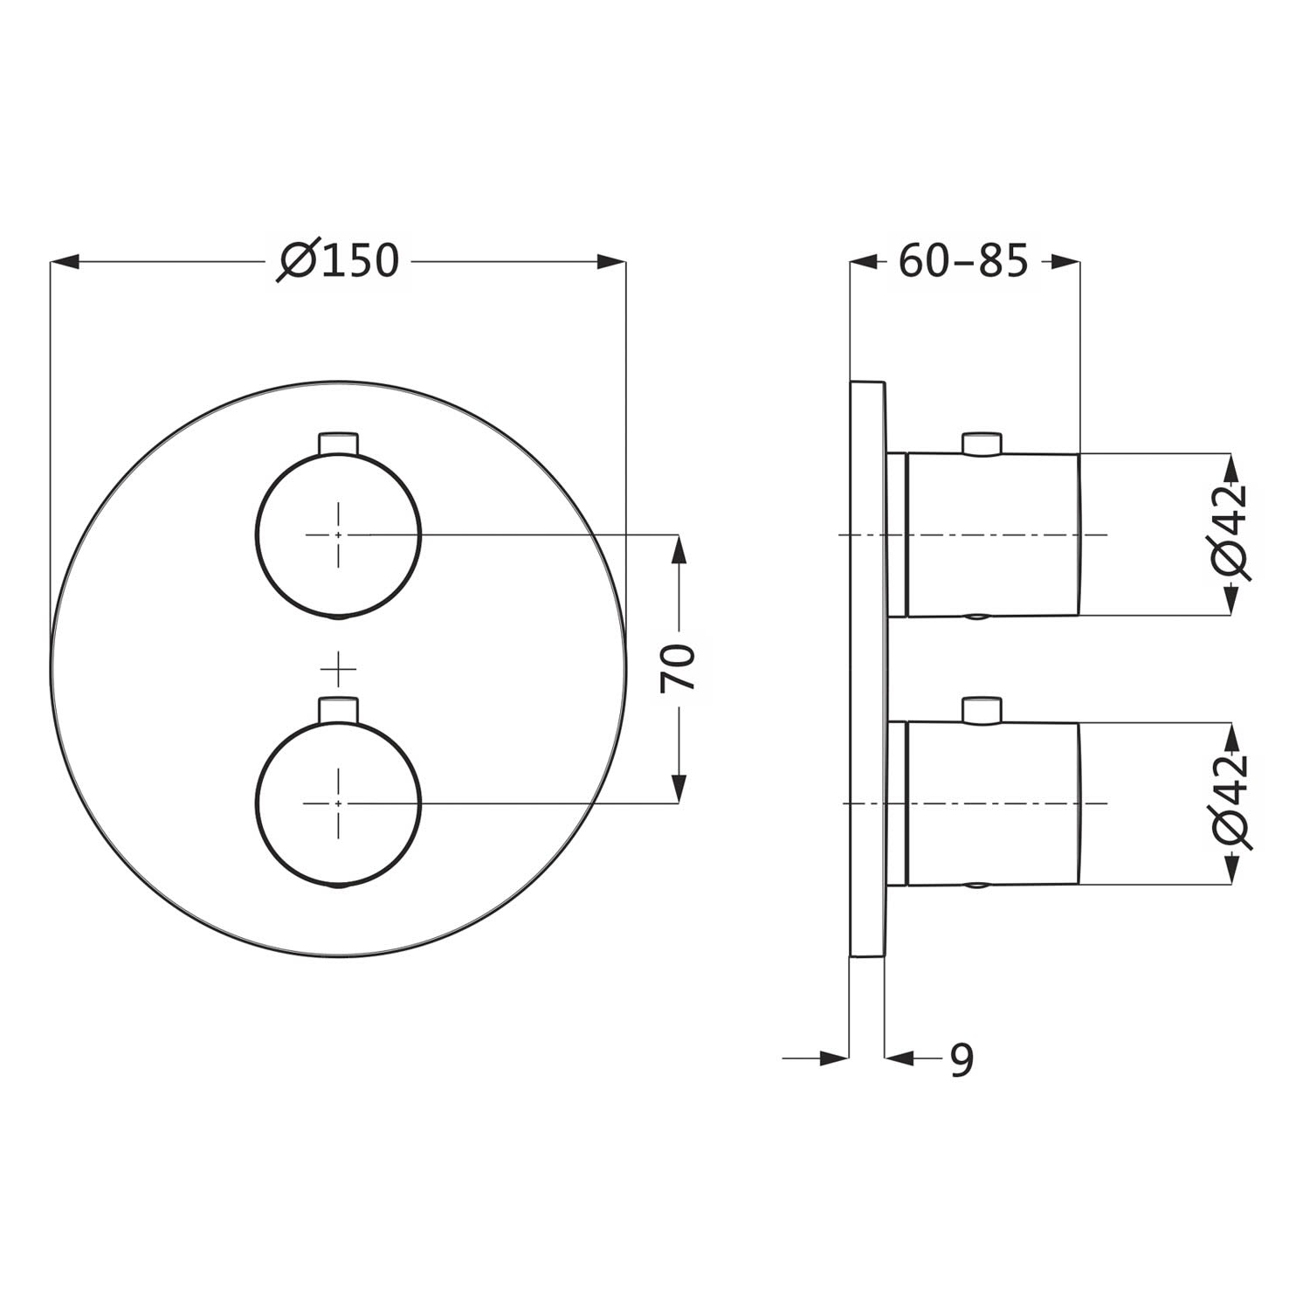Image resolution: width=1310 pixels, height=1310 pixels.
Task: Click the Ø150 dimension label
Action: pyautogui.click(x=338, y=260)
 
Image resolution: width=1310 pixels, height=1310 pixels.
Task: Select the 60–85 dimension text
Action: pyautogui.click(x=963, y=260)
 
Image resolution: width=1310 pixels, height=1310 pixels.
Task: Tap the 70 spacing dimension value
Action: pyautogui.click(x=678, y=667)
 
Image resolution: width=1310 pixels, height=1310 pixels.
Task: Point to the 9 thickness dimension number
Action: pyautogui.click(x=961, y=1059)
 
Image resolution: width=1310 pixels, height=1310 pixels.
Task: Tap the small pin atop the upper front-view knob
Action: pyautogui.click(x=339, y=442)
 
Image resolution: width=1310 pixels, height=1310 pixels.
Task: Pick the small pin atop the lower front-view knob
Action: pyautogui.click(x=339, y=709)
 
